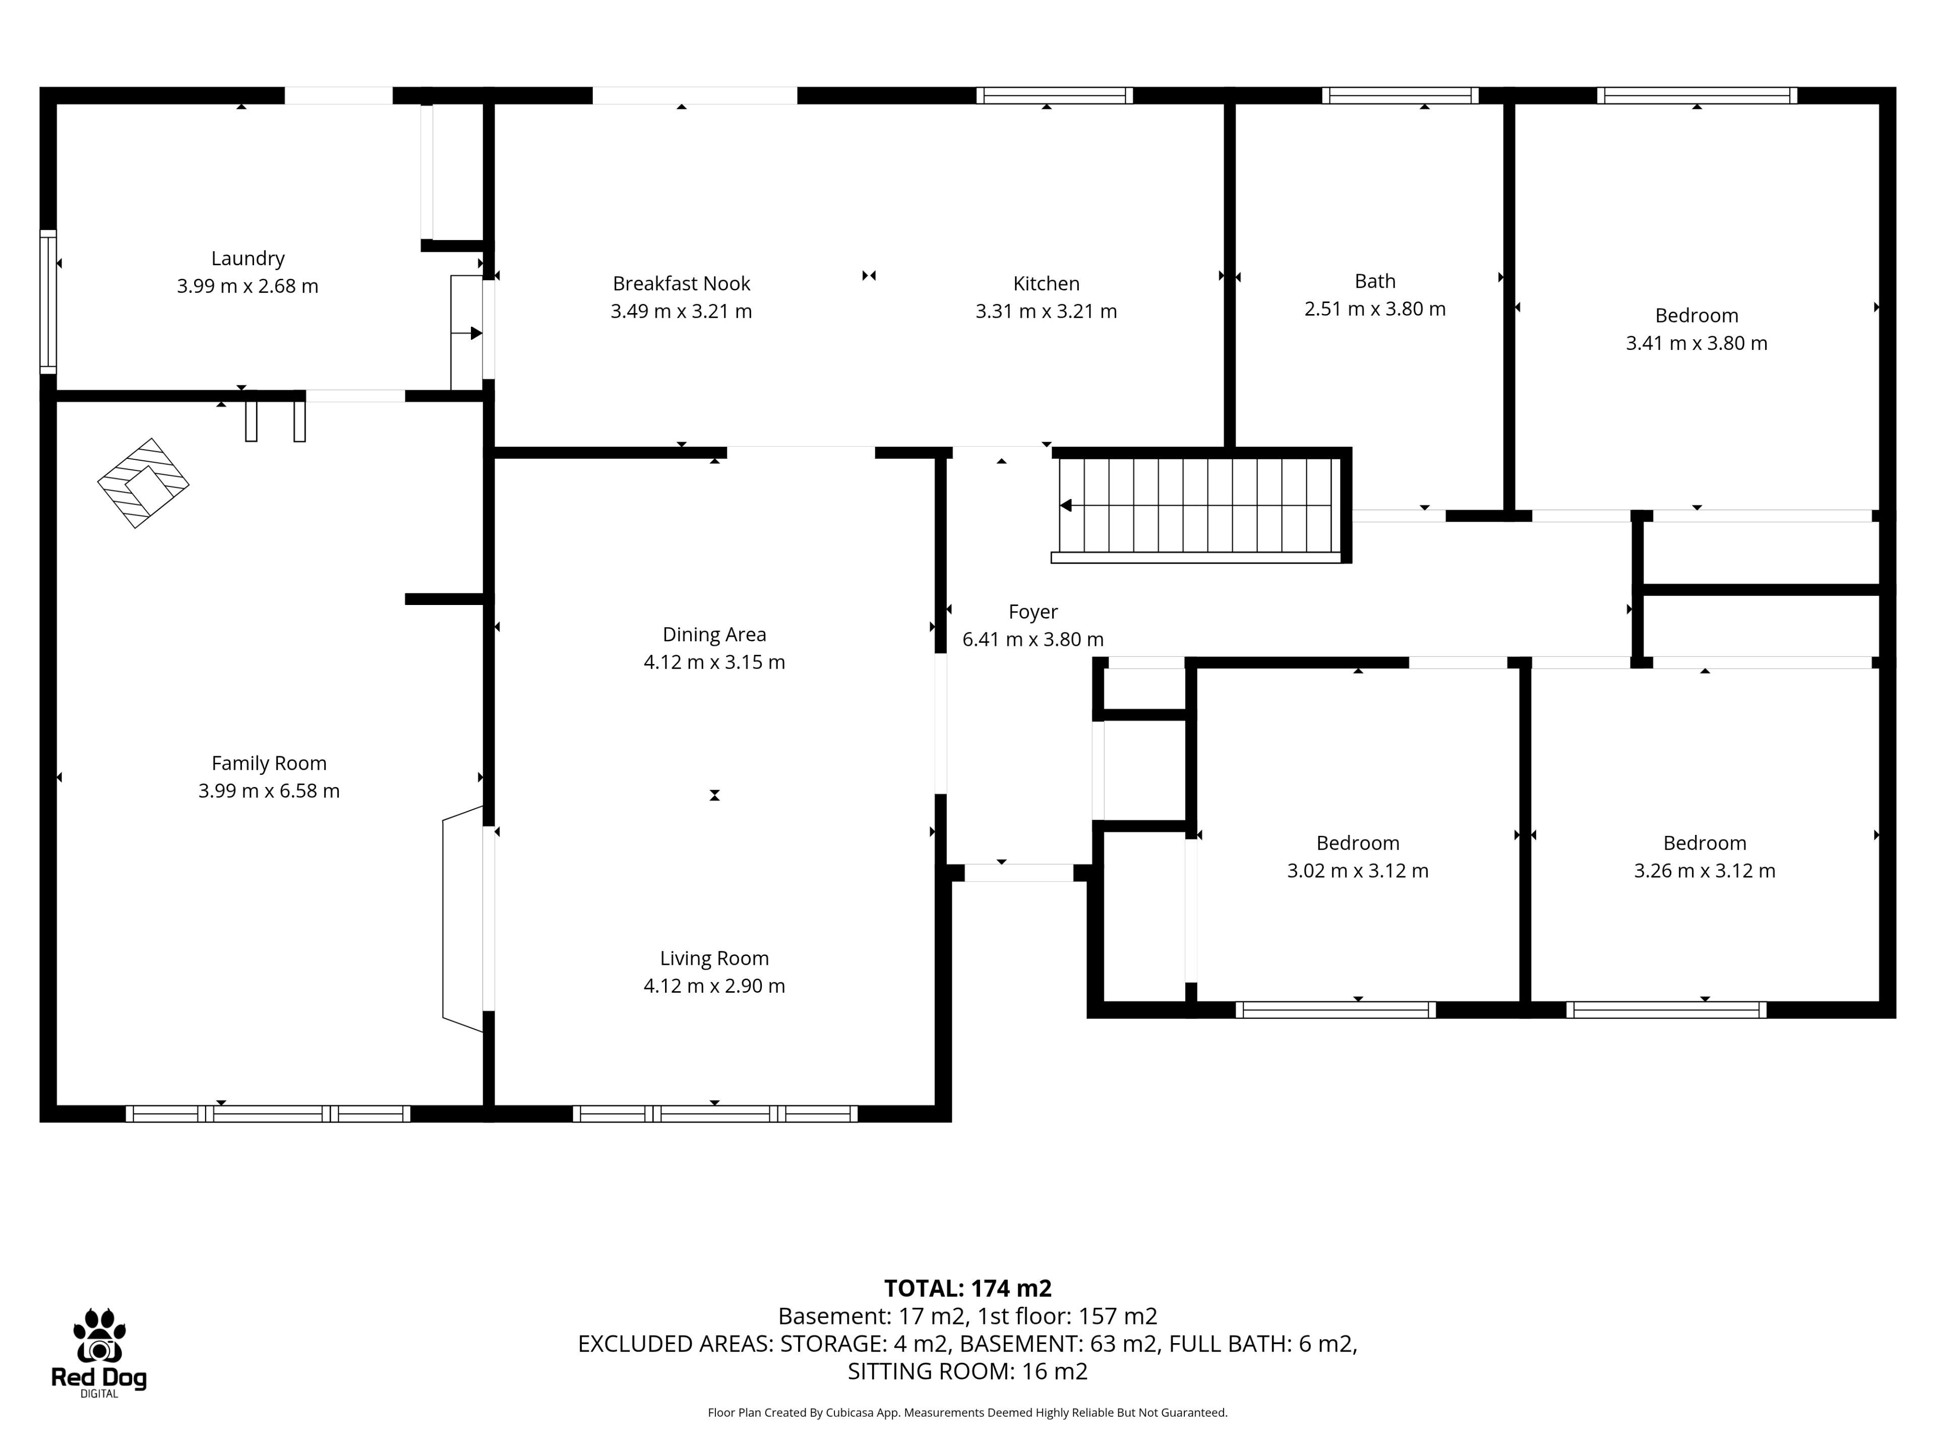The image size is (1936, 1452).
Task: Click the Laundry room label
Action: (x=248, y=258)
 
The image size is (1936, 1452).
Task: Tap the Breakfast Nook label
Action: (x=681, y=283)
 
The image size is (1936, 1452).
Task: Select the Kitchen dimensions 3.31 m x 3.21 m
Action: (x=1046, y=311)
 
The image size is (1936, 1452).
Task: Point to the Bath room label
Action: (x=1375, y=281)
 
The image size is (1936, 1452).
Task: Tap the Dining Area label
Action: (x=714, y=635)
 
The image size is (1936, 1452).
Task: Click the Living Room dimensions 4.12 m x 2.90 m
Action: (x=714, y=986)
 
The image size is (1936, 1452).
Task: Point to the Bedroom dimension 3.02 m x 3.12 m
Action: (x=1358, y=871)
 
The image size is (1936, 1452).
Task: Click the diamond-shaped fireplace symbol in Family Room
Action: (x=143, y=483)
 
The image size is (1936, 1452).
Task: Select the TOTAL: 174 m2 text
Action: (x=968, y=1288)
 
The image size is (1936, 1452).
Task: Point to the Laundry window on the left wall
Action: (x=48, y=302)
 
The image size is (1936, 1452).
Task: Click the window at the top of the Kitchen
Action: (x=1055, y=95)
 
